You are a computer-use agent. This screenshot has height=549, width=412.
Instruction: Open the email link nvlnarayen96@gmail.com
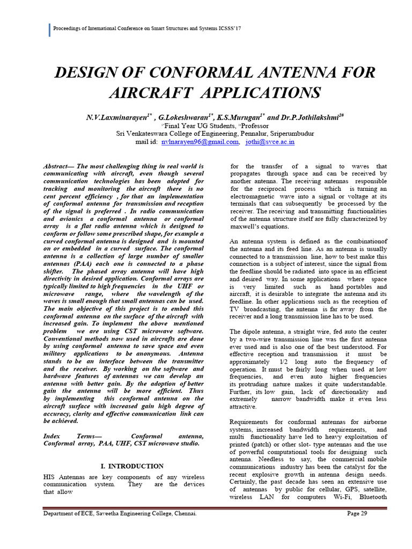pos(201,142)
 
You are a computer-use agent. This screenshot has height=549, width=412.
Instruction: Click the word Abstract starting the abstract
pos(57,167)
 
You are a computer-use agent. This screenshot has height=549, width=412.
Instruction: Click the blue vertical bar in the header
pos(49,30)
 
